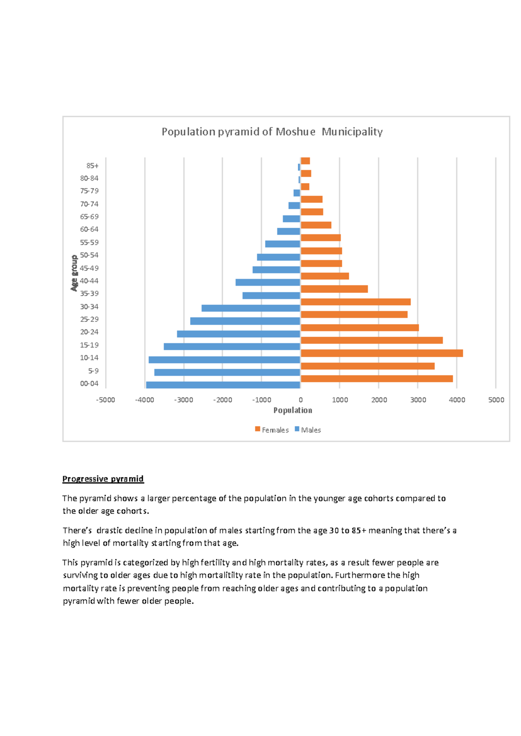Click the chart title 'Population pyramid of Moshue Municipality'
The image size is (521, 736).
pos(272,132)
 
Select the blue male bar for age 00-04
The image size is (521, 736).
pos(223,385)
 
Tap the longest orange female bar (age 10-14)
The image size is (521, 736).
pos(382,353)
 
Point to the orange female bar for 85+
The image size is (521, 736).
pos(305,161)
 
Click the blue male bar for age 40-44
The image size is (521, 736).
pos(268,283)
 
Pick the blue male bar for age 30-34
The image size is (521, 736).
pos(251,308)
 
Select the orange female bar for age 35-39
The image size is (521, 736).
pos(334,289)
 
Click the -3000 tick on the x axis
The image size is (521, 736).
pos(183,400)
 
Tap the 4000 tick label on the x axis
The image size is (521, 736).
pos(457,400)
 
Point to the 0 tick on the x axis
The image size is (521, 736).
pos(300,400)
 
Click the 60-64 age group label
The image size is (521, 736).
pos(89,230)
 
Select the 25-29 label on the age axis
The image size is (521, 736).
pos(89,319)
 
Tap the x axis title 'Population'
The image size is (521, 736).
pos(293,411)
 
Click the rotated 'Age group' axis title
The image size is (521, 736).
pos(74,273)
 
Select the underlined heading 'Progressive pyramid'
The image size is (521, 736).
pos(103,479)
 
